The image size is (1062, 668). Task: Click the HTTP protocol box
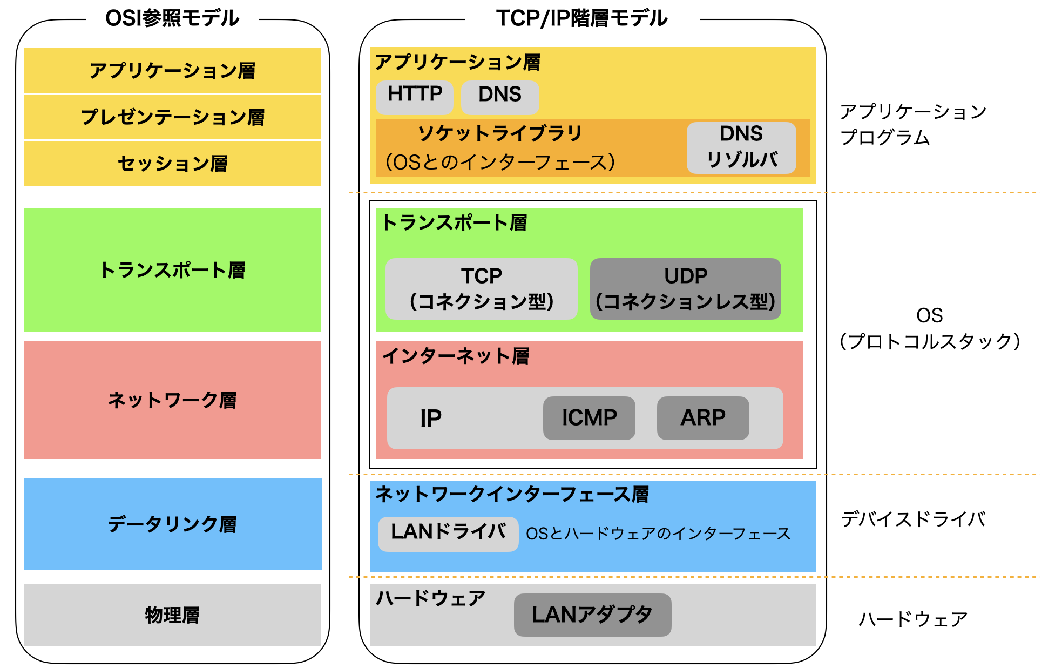414,96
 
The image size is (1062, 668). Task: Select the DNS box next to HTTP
500,96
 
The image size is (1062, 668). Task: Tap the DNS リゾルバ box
741,147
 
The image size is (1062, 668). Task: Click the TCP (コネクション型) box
481,289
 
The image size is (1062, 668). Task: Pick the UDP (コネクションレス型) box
685,289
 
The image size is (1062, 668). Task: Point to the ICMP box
589,418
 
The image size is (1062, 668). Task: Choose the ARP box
702,418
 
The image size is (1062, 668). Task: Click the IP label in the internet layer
431,419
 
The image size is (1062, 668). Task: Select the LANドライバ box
448,533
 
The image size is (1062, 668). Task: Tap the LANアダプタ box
592,615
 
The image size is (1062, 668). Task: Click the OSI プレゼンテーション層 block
173,117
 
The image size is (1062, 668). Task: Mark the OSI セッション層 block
173,164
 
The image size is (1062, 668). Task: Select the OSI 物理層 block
173,615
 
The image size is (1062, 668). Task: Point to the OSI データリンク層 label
173,524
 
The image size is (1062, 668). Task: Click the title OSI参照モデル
172,18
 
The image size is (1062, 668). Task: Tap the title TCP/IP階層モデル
581,18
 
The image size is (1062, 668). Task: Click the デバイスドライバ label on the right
913,519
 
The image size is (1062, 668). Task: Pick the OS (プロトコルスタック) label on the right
929,328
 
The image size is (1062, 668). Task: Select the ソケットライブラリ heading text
500,133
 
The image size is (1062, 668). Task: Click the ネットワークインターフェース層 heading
512,494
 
